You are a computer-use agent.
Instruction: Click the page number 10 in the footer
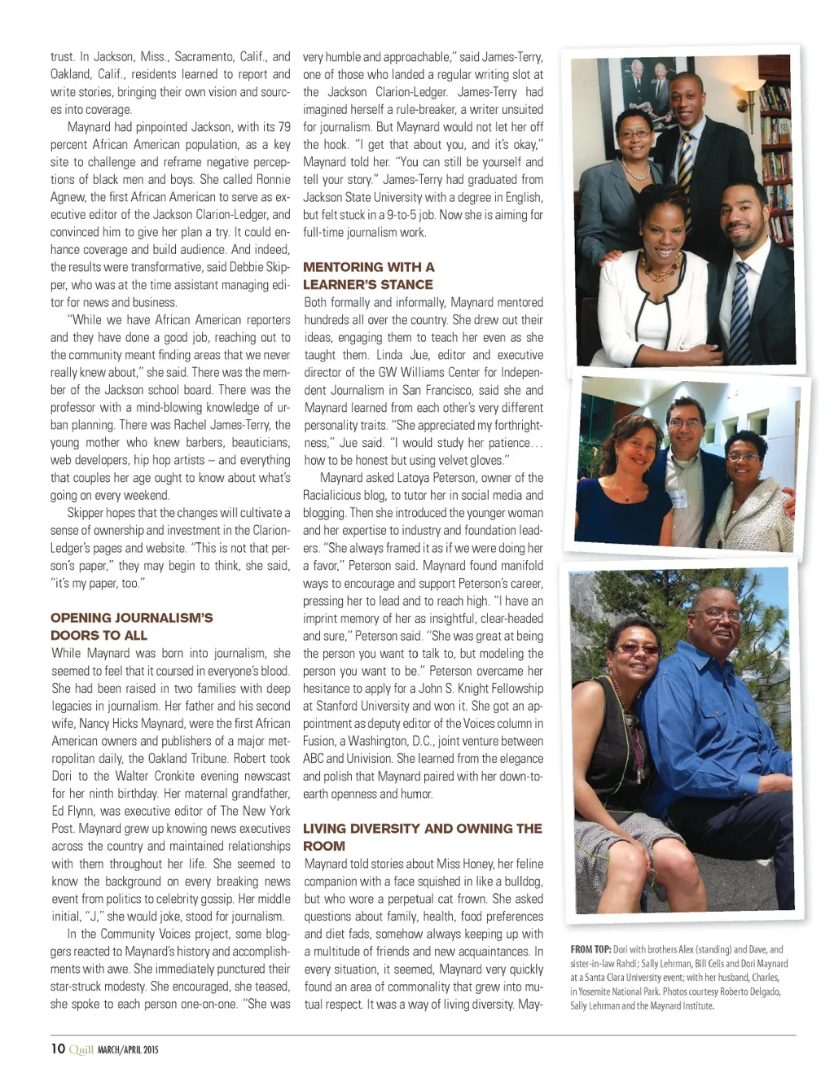(x=58, y=1049)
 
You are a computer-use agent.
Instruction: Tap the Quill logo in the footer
(x=81, y=1049)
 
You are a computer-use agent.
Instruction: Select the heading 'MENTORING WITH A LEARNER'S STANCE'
(x=368, y=275)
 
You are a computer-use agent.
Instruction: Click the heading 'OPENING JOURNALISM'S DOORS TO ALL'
(x=131, y=626)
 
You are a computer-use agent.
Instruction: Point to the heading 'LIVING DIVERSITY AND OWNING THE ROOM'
(x=422, y=837)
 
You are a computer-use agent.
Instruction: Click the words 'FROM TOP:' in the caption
(x=590, y=949)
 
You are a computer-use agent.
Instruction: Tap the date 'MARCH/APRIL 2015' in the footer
(x=128, y=1050)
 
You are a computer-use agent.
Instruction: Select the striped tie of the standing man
(x=686, y=163)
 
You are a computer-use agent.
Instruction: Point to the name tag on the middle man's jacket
(x=678, y=498)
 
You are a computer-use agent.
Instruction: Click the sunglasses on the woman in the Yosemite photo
(x=637, y=648)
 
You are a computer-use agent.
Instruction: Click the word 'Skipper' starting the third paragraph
(x=85, y=513)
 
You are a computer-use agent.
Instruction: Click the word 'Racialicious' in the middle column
(x=333, y=496)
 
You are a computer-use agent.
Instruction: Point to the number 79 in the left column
(x=283, y=127)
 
